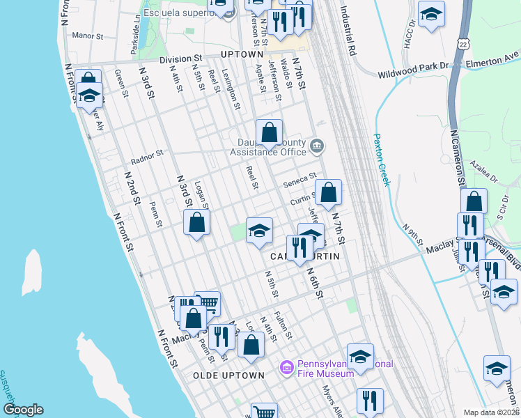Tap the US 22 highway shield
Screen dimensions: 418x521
[464, 43]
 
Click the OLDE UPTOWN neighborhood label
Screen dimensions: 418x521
[228, 376]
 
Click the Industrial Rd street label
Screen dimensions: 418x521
[348, 31]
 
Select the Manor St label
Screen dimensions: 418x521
[87, 35]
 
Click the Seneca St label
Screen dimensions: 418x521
[300, 180]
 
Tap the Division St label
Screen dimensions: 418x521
[180, 60]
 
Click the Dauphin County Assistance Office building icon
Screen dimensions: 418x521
[317, 145]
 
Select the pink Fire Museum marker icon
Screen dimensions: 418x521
[286, 367]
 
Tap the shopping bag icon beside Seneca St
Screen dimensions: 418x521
[328, 192]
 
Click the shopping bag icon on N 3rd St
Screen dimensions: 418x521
[197, 223]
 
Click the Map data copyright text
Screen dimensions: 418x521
[490, 412]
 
